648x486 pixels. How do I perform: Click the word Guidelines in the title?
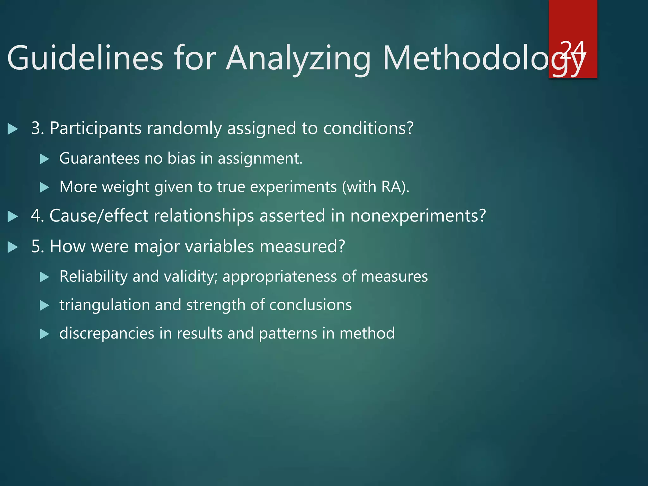pyautogui.click(x=85, y=58)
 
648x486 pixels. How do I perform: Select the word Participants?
pyautogui.click(x=95, y=128)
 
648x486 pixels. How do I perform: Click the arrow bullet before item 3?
pyautogui.click(x=12, y=129)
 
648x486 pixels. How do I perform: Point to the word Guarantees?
pyautogui.click(x=99, y=158)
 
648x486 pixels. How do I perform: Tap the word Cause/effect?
pyautogui.click(x=99, y=216)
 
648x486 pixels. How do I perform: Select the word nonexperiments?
pyautogui.click(x=418, y=216)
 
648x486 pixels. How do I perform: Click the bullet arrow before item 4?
pyautogui.click(x=12, y=216)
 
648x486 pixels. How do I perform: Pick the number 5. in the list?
pyautogui.click(x=38, y=246)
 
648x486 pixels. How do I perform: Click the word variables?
pyautogui.click(x=219, y=246)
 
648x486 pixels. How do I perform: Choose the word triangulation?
pyautogui.click(x=105, y=305)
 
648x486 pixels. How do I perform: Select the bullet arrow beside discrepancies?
pyautogui.click(x=44, y=334)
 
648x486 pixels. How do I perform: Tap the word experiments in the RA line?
pyautogui.click(x=293, y=187)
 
